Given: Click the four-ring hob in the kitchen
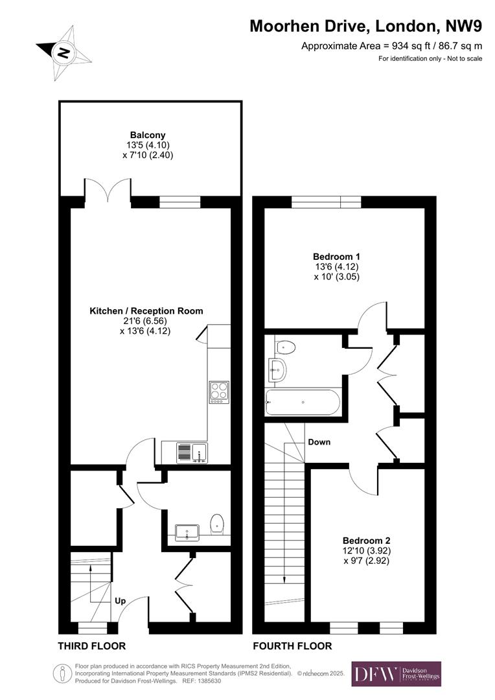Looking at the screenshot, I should click(218, 392).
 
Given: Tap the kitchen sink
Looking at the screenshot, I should click(191, 452).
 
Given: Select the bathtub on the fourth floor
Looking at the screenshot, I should click(303, 402).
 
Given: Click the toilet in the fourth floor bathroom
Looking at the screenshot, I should click(285, 348).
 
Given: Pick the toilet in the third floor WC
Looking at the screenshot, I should click(218, 523).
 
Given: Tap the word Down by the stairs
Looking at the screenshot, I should click(319, 442).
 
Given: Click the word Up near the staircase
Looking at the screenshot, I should click(120, 601).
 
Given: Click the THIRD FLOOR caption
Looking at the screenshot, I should click(91, 646).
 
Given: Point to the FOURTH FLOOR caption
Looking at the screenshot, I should click(292, 646).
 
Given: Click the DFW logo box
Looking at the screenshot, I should click(396, 674).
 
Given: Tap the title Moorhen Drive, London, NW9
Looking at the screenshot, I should click(366, 26).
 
